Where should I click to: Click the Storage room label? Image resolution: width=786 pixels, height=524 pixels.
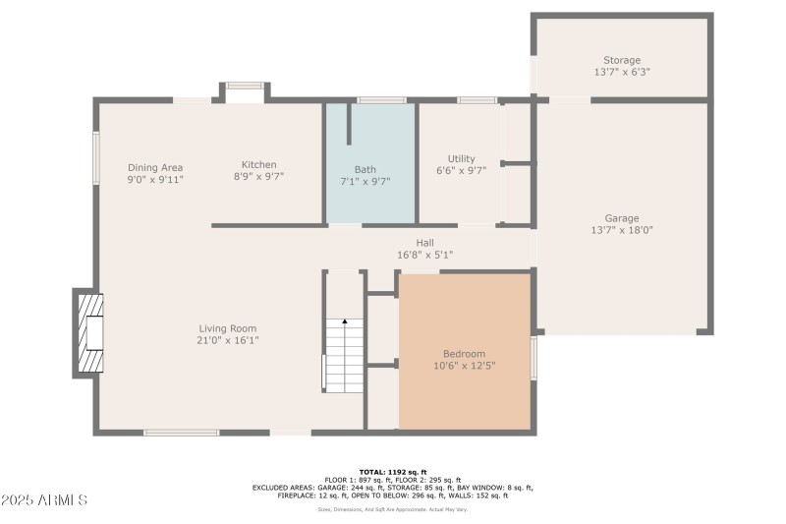click(x=621, y=60)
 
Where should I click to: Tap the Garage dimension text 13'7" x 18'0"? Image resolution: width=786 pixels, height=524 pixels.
click(x=621, y=230)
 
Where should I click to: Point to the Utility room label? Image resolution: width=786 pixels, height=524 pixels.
click(x=461, y=158)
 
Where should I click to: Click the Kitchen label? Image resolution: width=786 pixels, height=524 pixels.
click(x=259, y=164)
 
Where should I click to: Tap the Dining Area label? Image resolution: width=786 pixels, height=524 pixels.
click(x=155, y=167)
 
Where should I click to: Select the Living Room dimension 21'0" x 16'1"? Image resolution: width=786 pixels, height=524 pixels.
click(x=228, y=340)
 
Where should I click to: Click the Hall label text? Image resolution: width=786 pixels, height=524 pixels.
click(x=424, y=243)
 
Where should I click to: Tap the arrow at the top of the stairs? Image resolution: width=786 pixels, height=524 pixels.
click(x=344, y=322)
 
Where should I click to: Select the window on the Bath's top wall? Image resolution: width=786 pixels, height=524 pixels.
click(x=381, y=99)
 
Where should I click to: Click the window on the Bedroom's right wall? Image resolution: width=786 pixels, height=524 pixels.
click(x=533, y=358)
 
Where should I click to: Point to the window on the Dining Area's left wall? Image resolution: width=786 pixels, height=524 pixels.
click(x=96, y=157)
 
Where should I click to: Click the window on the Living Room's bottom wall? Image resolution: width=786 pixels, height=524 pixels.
click(x=181, y=432)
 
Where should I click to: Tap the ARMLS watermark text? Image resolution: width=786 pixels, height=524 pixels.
click(x=45, y=500)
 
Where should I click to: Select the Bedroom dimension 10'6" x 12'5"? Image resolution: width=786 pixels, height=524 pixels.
click(x=464, y=366)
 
